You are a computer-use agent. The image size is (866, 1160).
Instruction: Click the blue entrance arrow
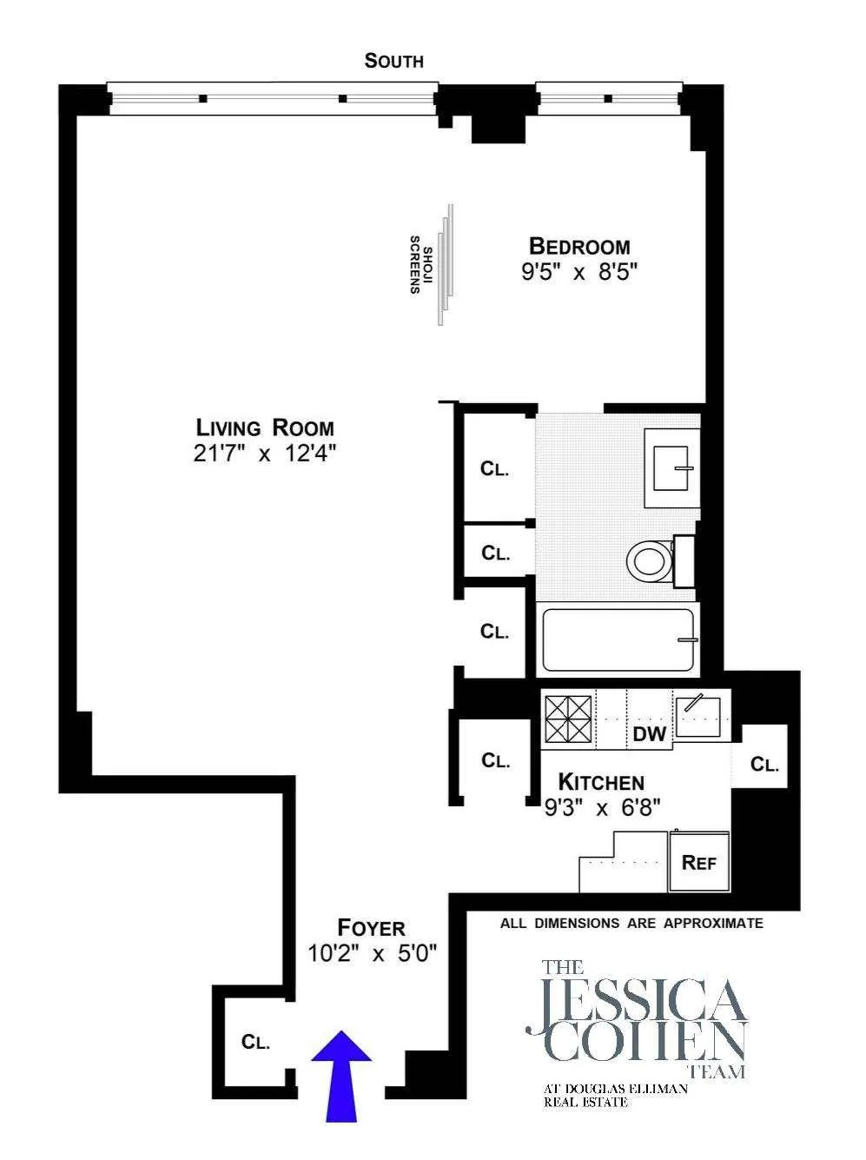pos(341,1073)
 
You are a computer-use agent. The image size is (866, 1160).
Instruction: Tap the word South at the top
pos(394,61)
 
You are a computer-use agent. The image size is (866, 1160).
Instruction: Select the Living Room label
pos(265,428)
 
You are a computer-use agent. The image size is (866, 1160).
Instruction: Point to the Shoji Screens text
pos(416,264)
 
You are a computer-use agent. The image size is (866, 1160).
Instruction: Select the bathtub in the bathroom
pos(618,640)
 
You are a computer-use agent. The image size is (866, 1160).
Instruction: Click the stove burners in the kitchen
pos(567,719)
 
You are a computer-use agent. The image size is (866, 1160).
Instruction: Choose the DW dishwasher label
pos(650,734)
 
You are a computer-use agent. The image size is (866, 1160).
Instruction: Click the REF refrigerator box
pos(699,862)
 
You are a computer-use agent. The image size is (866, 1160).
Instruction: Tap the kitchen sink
pos(702,716)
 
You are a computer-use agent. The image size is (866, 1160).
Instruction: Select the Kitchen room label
pos(601,781)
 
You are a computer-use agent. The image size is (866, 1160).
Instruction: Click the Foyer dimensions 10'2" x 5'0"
pos(372,953)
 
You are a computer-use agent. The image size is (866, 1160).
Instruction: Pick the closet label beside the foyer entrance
pos(255,1042)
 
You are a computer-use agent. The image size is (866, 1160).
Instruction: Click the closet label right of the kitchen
pos(764,765)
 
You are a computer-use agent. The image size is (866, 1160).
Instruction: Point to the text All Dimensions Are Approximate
pos(631,923)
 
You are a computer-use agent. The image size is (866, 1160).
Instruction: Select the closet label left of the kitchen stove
pos(495,760)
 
